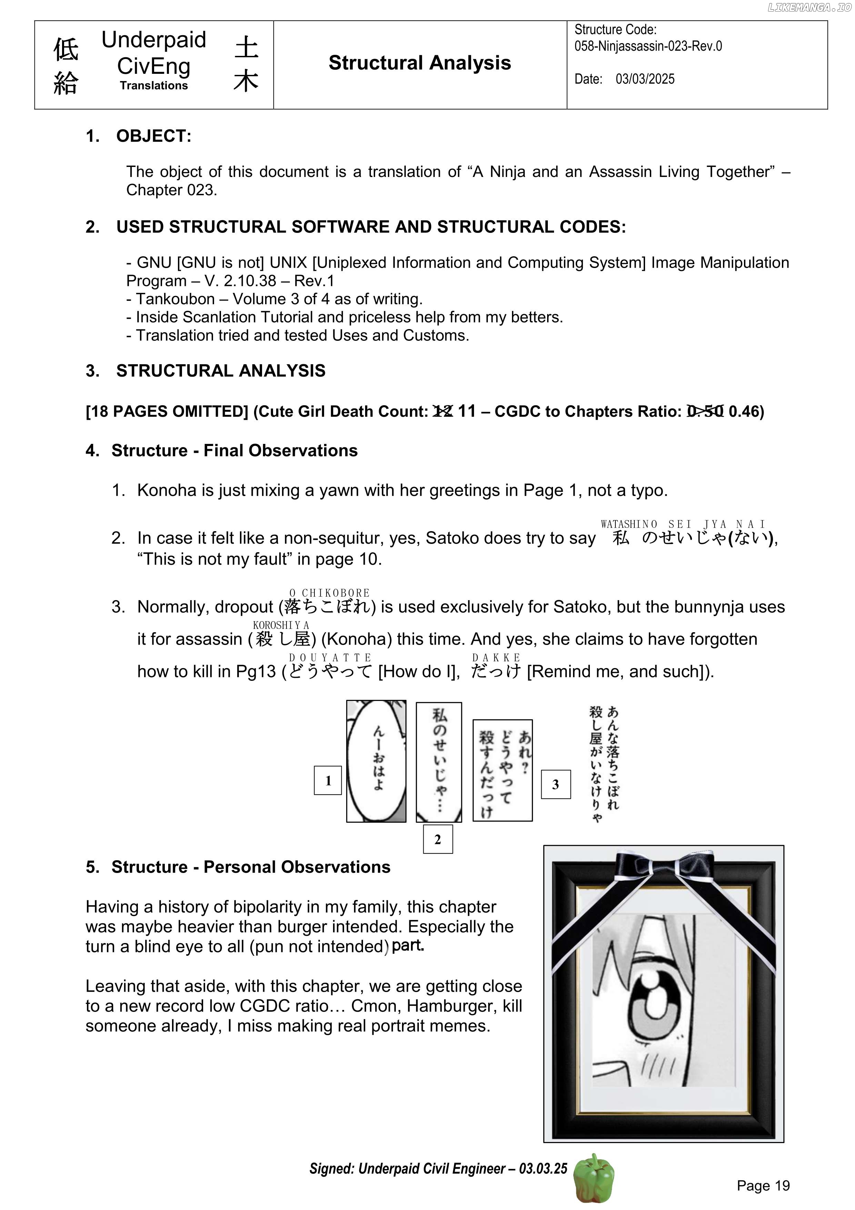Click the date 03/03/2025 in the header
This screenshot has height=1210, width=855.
point(645,79)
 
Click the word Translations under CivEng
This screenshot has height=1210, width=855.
point(153,86)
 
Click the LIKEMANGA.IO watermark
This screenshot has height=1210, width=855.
point(809,7)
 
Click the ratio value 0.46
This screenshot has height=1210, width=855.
point(744,411)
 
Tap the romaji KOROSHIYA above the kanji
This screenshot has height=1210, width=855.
point(281,625)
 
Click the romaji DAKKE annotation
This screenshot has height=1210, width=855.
point(496,658)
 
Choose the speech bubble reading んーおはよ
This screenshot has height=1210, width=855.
point(376,761)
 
